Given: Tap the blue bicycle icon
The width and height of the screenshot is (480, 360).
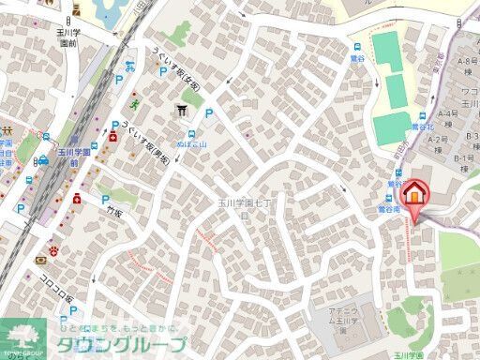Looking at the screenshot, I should pyautogui.click(x=131, y=68).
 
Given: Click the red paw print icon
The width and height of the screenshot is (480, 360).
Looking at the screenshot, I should pyautogui.click(x=55, y=250).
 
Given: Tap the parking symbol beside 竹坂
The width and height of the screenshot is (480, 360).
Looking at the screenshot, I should pyautogui.click(x=106, y=199).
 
